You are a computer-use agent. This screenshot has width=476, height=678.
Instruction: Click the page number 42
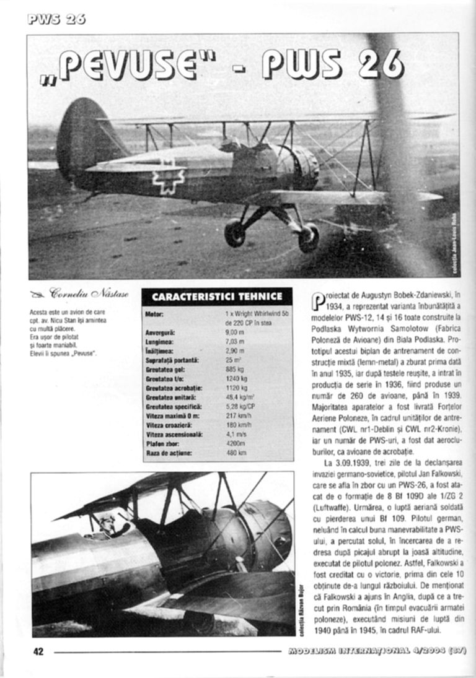pos(38,651)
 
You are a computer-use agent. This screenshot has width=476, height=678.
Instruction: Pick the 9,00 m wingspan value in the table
pos(234,332)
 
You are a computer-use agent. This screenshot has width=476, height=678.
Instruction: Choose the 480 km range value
pos(236,453)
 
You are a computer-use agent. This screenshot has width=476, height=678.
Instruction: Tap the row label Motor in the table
pos(154,314)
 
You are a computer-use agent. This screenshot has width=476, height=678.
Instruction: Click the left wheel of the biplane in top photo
pos(235,232)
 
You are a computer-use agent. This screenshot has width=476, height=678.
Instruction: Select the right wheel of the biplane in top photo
pos(308,238)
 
